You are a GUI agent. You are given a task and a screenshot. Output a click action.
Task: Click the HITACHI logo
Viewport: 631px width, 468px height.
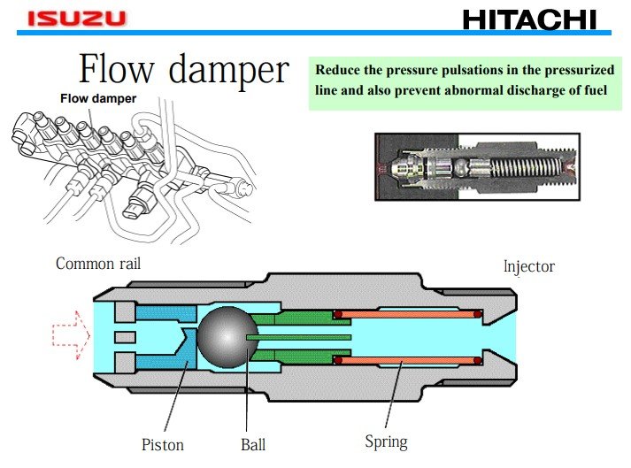tap(530, 19)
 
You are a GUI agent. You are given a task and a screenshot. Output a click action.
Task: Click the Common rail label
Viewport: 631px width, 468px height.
tap(97, 264)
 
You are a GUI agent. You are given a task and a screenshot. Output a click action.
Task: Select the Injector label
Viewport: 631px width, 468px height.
tap(528, 266)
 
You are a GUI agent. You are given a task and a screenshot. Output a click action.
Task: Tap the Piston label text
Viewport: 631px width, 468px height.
tap(162, 443)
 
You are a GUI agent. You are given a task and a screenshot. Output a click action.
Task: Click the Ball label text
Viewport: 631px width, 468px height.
tap(253, 443)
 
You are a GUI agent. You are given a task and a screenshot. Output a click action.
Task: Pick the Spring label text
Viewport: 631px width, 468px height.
tap(386, 441)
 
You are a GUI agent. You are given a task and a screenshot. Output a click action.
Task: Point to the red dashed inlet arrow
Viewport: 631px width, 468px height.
tap(71, 336)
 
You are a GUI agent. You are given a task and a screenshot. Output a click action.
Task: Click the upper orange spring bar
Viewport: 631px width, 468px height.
tap(406, 314)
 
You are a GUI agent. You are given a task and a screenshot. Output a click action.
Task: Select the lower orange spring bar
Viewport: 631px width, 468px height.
tap(406, 359)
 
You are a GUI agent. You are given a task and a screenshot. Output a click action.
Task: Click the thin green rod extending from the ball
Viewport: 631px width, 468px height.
tap(301, 337)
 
